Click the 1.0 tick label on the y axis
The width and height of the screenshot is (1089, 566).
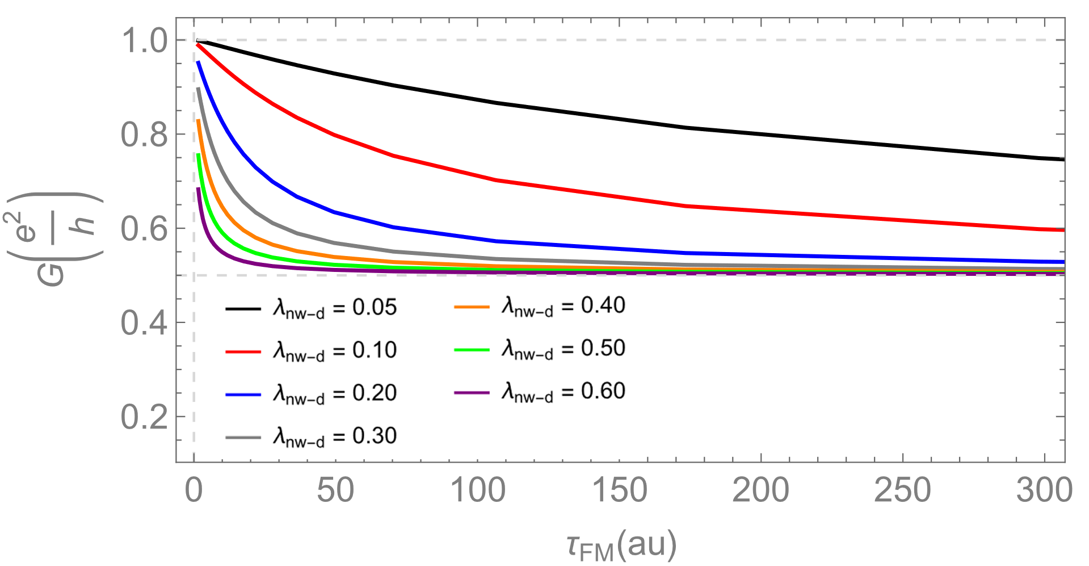point(145,41)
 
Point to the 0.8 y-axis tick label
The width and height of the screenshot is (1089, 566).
point(145,136)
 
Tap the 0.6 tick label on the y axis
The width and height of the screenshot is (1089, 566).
point(145,230)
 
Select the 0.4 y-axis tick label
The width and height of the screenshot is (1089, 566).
point(145,324)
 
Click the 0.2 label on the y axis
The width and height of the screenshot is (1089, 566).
point(145,418)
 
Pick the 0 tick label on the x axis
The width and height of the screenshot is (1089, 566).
point(194,490)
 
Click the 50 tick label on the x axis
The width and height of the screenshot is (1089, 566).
point(335,490)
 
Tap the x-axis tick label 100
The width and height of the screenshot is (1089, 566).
point(478,490)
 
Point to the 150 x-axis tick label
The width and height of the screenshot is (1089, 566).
point(620,490)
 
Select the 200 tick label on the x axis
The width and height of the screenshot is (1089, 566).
point(761,490)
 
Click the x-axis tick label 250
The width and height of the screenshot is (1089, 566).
point(903,490)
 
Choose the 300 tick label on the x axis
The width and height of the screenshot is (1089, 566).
point(1044,490)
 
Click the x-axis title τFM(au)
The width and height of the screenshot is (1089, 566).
point(621,545)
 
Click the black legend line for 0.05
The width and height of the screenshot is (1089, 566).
point(243,309)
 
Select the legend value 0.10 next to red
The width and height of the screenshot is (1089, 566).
point(375,350)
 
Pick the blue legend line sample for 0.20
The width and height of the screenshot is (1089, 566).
point(243,395)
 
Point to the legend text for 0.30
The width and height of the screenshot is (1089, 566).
point(335,437)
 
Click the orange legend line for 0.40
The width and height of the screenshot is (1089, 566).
point(472,307)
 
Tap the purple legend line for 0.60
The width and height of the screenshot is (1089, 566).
point(472,392)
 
